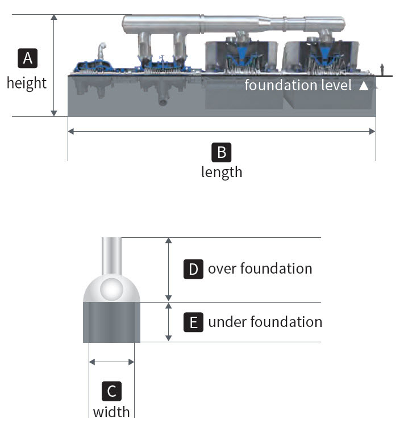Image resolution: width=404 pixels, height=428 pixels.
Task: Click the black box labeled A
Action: click(27, 58)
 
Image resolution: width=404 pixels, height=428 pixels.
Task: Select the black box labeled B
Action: click(221, 152)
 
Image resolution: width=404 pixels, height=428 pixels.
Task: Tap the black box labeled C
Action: click(111, 391)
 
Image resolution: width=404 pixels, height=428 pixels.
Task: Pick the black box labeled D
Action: click(193, 269)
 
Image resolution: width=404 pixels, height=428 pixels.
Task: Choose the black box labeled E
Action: click(193, 322)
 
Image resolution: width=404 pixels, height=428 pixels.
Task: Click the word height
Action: click(27, 83)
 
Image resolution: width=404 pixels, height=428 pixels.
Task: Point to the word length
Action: click(221, 171)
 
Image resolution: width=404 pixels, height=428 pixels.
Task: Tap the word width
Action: click(111, 410)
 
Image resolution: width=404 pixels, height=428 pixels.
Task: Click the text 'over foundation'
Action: click(260, 268)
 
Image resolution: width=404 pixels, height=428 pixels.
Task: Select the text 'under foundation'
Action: click(265, 322)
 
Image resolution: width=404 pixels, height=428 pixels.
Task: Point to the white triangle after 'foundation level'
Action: click(364, 86)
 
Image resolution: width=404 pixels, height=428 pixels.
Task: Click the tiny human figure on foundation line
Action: click(385, 69)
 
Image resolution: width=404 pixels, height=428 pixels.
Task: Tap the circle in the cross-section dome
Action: click(111, 289)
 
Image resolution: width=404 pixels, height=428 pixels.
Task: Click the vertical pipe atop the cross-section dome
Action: click(111, 255)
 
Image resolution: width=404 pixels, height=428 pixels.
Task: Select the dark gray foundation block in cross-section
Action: click(111, 322)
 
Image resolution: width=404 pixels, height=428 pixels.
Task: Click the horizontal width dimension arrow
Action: click(111, 361)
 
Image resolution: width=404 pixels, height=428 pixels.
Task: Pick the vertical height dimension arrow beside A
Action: click(54, 65)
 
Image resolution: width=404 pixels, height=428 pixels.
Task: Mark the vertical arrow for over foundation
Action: click(168, 270)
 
